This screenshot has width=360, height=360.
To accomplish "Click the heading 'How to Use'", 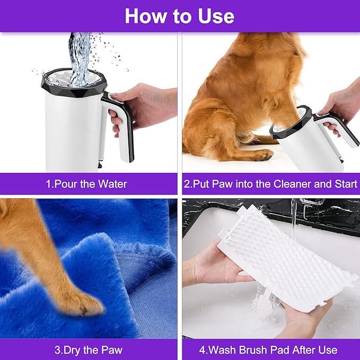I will [179, 16].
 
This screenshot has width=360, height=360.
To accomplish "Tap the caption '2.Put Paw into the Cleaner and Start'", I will [270, 185].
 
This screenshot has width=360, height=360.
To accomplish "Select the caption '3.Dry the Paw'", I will [89, 350].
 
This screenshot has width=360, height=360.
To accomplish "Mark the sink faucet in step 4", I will [313, 209].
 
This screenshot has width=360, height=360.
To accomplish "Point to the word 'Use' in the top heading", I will [214, 16].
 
